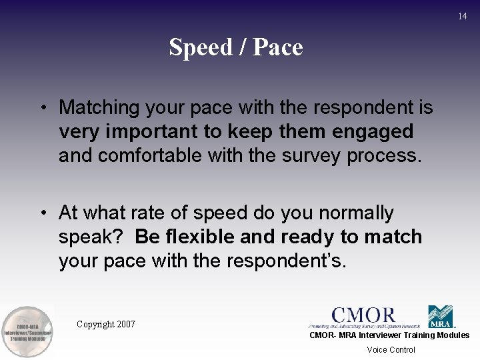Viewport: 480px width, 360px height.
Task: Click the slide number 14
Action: point(463,16)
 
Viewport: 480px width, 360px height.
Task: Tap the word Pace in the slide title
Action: point(276,47)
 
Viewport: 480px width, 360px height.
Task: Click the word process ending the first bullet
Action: point(381,156)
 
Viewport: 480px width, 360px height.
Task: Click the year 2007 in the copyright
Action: point(125,325)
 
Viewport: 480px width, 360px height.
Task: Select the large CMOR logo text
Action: point(363,315)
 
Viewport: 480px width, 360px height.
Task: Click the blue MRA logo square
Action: point(440,316)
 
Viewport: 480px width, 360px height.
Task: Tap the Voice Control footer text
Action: point(391,350)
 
